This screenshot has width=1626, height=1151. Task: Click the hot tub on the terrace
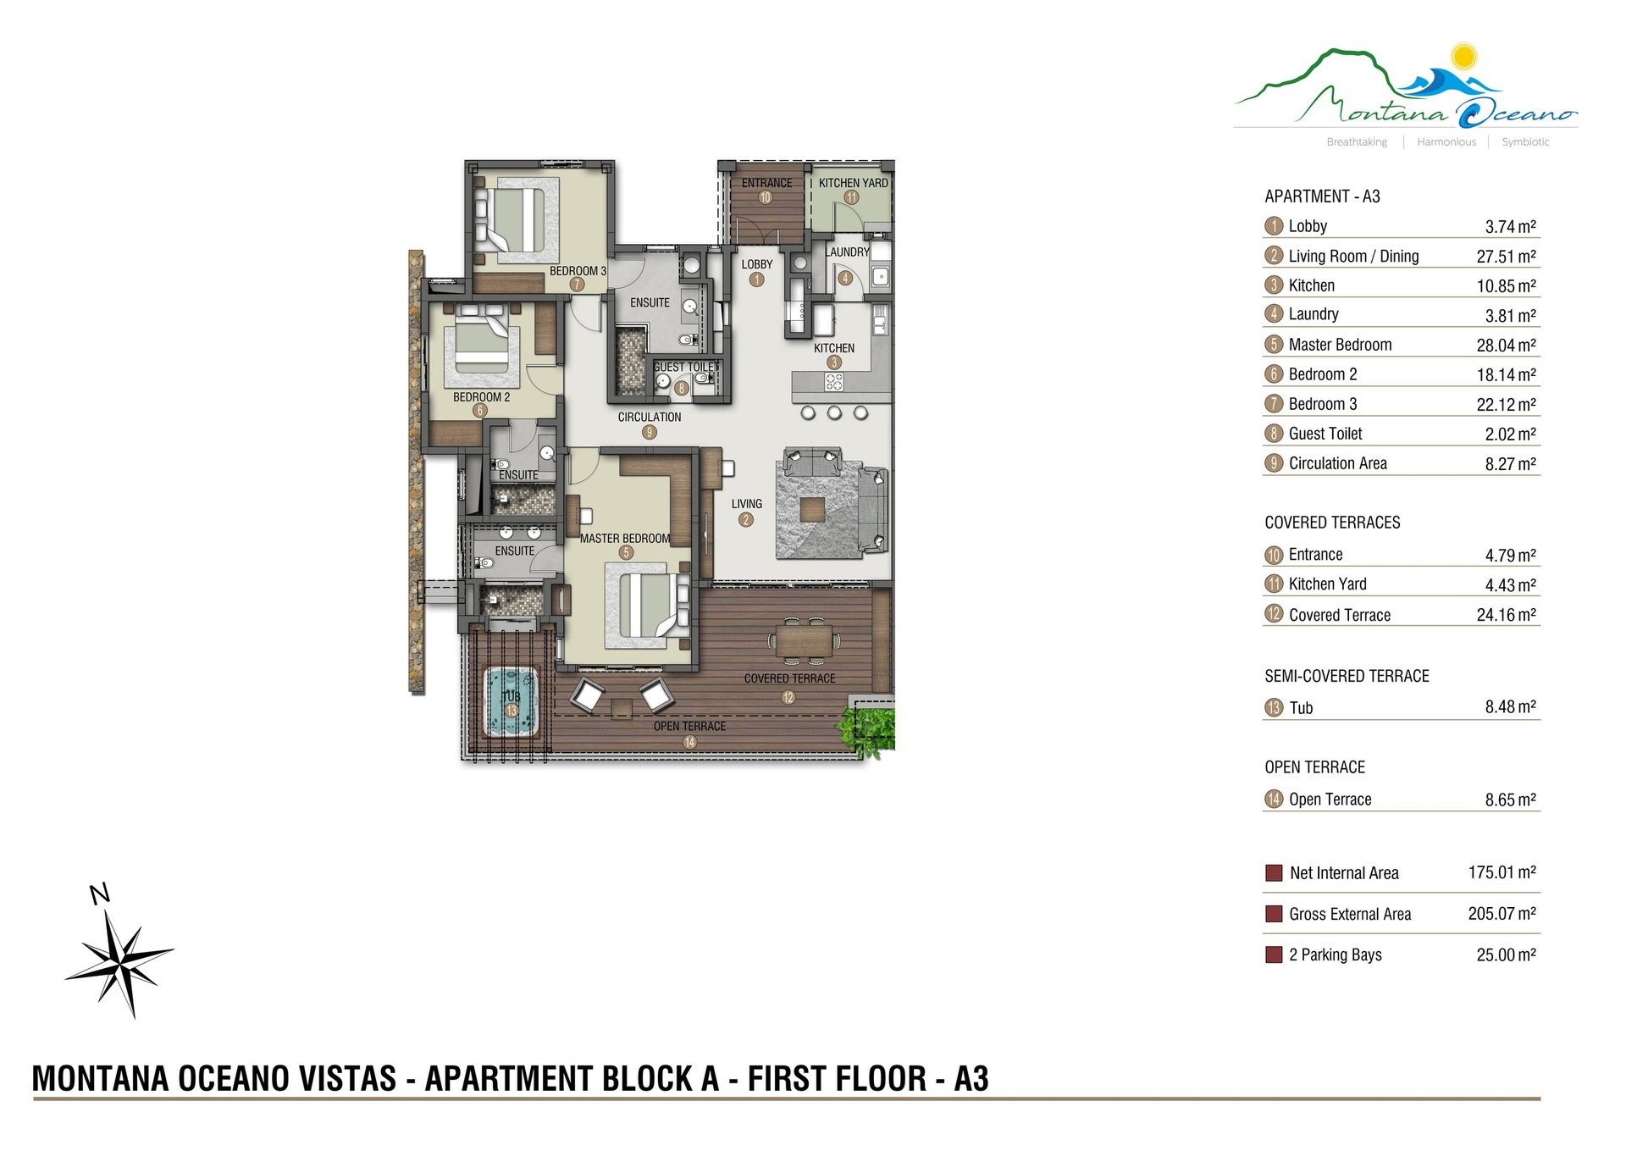[511, 701]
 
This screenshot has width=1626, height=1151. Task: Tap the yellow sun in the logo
[1463, 57]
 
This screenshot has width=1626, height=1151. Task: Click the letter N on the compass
[100, 894]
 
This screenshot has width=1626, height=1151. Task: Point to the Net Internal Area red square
[1273, 873]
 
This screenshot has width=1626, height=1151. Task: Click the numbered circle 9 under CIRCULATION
[650, 432]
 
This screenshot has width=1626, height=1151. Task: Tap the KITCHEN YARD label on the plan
[853, 183]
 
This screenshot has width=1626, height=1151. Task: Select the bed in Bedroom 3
[510, 219]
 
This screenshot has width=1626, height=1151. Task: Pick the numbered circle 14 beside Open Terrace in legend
[1274, 799]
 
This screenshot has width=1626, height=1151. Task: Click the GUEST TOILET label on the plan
[686, 367]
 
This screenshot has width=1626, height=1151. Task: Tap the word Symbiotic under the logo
[1525, 142]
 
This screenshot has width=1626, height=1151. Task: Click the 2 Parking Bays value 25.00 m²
[1506, 955]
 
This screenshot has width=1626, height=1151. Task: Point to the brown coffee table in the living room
[812, 509]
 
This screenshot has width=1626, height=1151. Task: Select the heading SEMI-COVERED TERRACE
[1347, 676]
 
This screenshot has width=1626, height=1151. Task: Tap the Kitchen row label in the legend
[1311, 285]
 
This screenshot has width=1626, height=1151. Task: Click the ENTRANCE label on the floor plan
[766, 183]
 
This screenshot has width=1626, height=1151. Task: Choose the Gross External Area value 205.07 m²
[1502, 914]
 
